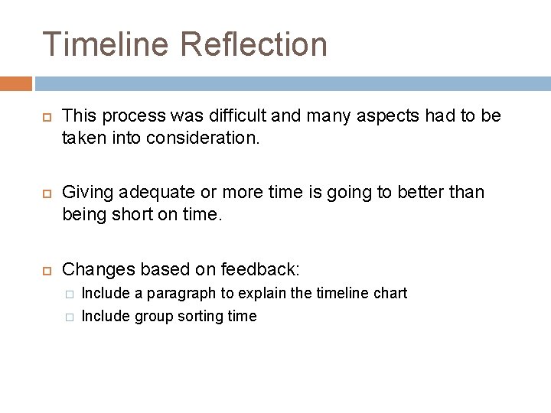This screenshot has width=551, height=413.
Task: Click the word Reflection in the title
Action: coord(254,44)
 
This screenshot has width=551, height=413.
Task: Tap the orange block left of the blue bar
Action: coord(16,83)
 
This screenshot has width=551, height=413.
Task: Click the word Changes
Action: coord(96,268)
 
